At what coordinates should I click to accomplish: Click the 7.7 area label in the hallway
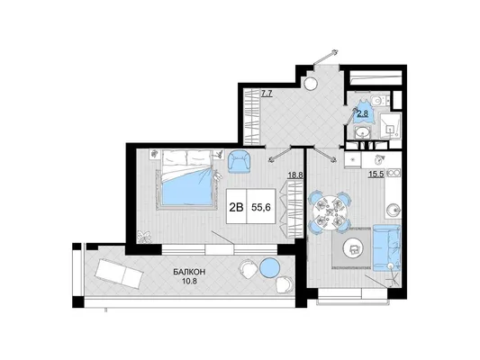point(267,94)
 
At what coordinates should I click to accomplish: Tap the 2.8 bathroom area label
point(363,113)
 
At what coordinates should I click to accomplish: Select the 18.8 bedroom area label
point(295,175)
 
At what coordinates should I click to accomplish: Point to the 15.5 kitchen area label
point(376,175)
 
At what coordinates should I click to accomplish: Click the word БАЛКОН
point(189,272)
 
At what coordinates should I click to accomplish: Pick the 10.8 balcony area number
point(189,281)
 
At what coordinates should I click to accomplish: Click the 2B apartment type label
point(236,207)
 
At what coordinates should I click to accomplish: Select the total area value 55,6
point(261,207)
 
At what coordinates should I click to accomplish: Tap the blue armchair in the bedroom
point(240,161)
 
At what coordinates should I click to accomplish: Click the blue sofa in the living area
point(386,248)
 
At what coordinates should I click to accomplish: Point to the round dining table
point(330,211)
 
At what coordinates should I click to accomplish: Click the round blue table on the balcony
point(269,267)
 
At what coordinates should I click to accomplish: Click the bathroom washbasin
point(363,132)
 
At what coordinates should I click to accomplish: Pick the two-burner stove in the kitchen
point(394,174)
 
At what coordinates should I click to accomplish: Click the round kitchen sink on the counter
point(393,210)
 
